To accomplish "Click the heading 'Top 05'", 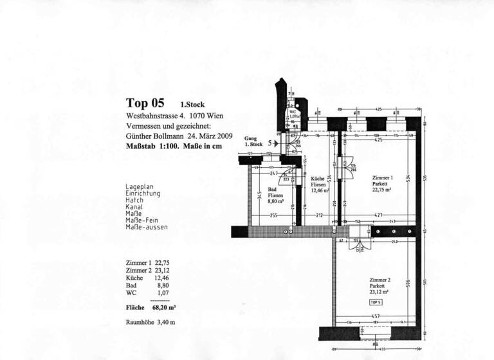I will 145,103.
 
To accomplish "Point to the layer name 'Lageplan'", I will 140,187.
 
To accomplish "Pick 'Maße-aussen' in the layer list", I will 147,227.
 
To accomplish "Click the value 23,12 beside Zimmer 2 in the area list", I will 161,271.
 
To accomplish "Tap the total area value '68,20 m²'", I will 163,308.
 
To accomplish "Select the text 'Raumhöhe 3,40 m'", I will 151,322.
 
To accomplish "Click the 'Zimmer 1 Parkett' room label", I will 383,183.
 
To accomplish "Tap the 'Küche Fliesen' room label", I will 319,184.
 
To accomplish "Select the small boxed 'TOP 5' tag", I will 376,301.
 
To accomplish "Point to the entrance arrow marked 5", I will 276,144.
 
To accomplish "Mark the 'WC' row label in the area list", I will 131,293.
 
